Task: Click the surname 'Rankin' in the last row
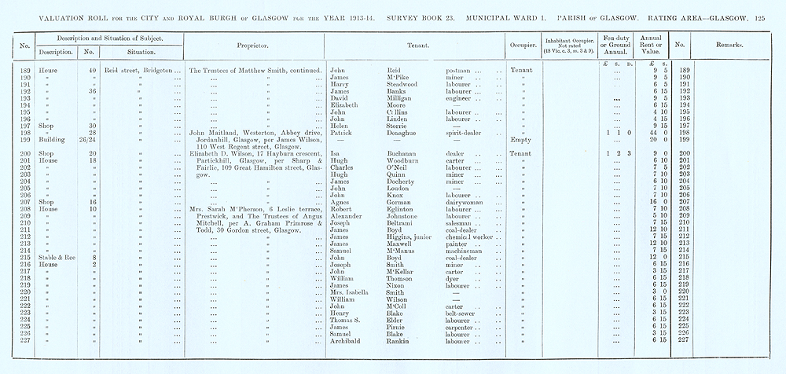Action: click(401, 340)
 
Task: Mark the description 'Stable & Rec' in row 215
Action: click(55, 257)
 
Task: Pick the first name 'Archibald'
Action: click(347, 340)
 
